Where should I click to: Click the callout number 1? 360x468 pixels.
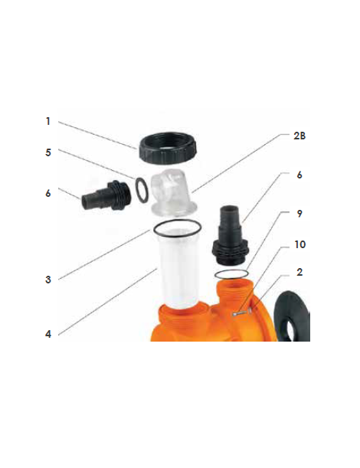[x=47, y=121]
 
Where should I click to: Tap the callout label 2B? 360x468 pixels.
[x=299, y=136]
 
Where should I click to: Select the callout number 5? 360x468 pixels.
[x=48, y=152]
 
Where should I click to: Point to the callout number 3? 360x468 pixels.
[x=48, y=280]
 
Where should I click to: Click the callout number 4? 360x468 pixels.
[x=48, y=334]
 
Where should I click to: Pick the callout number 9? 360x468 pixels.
[x=299, y=214]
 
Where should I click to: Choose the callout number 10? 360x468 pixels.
[x=300, y=245]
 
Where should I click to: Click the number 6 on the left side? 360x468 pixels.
[x=48, y=194]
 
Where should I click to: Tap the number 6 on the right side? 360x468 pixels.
[x=299, y=175]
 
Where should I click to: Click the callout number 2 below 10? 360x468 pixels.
[x=299, y=272]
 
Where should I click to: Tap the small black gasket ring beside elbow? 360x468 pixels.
[x=141, y=190]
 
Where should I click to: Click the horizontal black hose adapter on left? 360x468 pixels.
[x=106, y=195]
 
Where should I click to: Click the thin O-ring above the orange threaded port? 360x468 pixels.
[x=231, y=274]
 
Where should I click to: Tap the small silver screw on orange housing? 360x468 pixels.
[x=242, y=313]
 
